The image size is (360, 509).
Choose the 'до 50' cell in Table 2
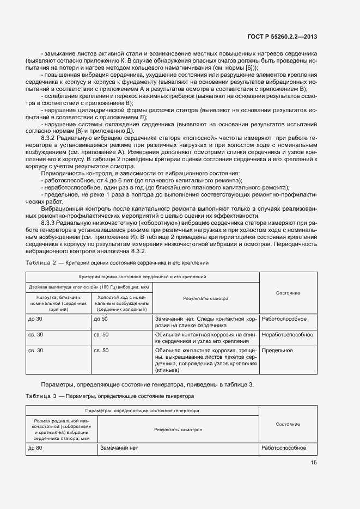click(x=101, y=319)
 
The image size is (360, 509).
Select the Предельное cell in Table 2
click(x=277, y=351)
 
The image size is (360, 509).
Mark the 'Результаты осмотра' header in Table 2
click(x=205, y=298)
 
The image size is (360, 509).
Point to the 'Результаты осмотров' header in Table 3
click(x=178, y=430)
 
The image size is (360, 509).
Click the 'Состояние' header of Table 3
click(x=288, y=424)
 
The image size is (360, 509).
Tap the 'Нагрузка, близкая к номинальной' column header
click(x=58, y=303)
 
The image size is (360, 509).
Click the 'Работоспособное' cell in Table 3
click(x=284, y=449)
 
